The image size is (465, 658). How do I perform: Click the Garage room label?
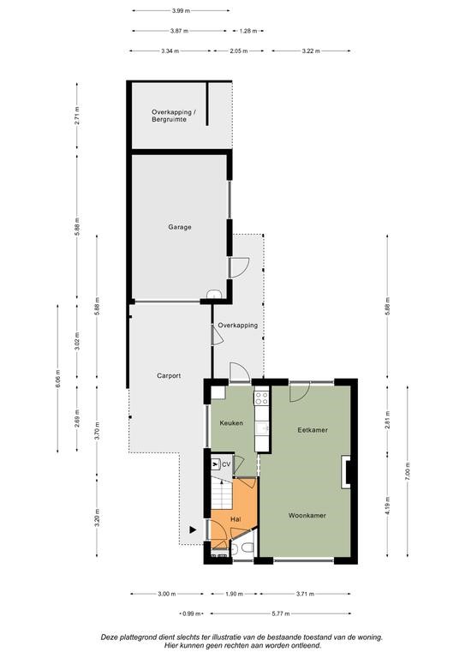pos(180,227)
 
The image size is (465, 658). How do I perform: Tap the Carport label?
pos(169,375)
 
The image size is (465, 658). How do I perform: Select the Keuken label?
pos(231,423)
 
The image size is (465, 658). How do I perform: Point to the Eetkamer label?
pos(313,430)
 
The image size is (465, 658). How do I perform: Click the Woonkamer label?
pos(307,515)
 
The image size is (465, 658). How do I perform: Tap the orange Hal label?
pos(235,519)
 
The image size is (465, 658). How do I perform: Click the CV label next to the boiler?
pos(226,464)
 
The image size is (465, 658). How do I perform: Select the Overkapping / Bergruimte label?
pos(172,116)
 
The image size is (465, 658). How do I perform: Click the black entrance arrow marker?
pos(193,530)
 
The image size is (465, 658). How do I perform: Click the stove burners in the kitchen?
pos(261,398)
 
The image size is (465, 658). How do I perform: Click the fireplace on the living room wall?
pos(345,472)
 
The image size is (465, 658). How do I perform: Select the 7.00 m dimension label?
pos(408,471)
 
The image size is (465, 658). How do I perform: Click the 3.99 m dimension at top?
pos(181,11)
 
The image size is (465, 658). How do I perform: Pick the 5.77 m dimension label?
pos(281,614)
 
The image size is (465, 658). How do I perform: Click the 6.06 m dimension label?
pos(57,379)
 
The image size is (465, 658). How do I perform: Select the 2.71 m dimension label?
pos(77,115)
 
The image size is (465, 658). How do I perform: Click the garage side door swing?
pos(240,267)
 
